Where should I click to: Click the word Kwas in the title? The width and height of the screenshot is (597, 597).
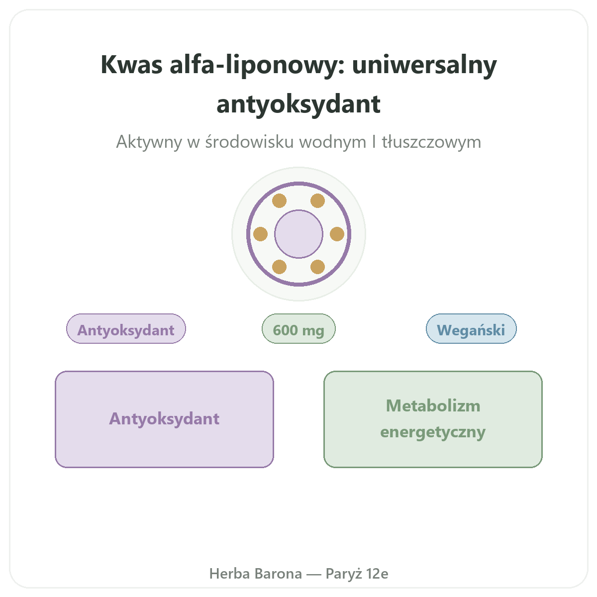pos(131,65)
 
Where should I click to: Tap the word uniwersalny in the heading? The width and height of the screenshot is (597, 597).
pos(424,66)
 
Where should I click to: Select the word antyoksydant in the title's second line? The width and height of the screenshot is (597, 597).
pos(298,104)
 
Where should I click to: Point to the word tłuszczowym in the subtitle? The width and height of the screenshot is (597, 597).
pos(431,142)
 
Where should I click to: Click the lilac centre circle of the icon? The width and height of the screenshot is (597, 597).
pos(298,234)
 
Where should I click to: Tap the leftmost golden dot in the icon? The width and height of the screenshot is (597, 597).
pos(260,234)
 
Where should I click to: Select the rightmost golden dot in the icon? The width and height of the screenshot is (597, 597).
pos(337,234)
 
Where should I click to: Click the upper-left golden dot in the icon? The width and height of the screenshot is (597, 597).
pos(279,201)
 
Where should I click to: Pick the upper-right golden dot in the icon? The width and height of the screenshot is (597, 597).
pos(317,201)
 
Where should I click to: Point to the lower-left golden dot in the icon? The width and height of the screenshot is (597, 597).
pos(279,267)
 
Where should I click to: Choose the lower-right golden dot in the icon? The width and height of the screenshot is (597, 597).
pos(317,267)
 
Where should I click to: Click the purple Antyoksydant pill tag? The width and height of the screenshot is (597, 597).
pos(126,329)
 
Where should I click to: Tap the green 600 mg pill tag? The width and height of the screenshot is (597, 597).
pos(298,329)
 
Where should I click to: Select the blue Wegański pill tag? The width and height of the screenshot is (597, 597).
pos(471,329)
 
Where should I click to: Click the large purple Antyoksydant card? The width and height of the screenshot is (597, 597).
pos(165,419)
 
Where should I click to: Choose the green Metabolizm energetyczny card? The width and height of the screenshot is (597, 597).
pos(433,419)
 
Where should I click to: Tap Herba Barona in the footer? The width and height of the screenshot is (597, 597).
pos(256,574)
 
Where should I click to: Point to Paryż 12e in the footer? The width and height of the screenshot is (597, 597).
pos(357,574)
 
